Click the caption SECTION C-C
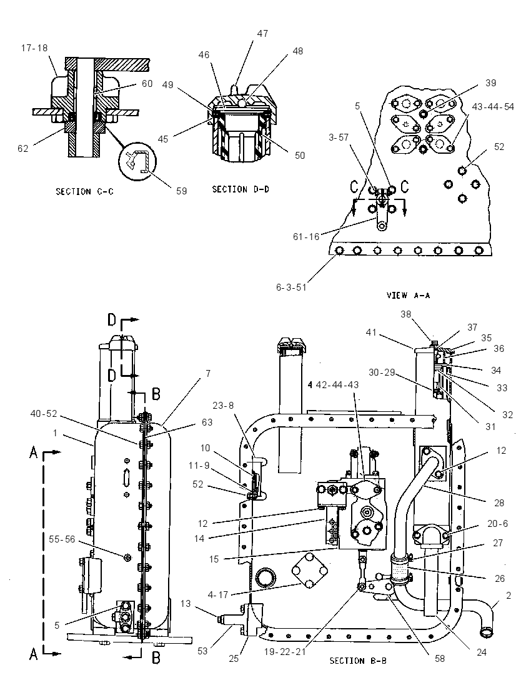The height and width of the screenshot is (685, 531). click(x=84, y=191)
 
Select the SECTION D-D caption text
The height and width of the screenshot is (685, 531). click(x=241, y=189)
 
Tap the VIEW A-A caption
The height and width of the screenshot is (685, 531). click(x=409, y=296)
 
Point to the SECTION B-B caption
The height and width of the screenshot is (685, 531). click(x=358, y=661)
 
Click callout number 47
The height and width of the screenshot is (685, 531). click(x=262, y=33)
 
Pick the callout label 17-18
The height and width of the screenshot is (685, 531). click(x=34, y=47)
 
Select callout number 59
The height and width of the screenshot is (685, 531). click(x=181, y=191)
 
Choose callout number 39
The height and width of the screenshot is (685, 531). click(x=490, y=83)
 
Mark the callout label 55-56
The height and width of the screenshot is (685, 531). click(x=62, y=539)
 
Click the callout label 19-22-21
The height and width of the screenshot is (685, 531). click(x=285, y=651)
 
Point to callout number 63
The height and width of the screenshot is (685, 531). click(x=207, y=422)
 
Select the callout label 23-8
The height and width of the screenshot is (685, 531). click(x=223, y=406)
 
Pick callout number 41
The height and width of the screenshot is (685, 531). click(x=371, y=332)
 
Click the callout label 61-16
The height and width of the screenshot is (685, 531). click(x=306, y=237)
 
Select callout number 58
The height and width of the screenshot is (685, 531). click(x=439, y=658)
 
